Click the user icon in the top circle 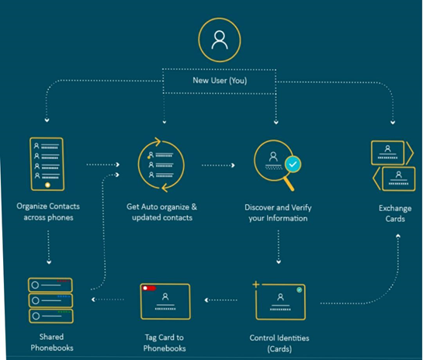220,40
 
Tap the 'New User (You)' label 220,81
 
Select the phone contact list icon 47,164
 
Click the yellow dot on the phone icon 48,185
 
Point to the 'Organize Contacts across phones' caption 48,212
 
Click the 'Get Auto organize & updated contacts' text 162,213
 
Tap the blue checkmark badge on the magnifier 293,164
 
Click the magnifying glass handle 289,184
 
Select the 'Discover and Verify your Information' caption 278,213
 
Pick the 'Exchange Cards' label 395,213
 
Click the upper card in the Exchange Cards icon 387,153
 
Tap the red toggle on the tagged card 149,289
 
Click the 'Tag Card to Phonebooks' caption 165,343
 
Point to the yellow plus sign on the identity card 256,284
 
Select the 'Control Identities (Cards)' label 279,343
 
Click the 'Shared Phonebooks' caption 52,342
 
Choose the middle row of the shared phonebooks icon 50,300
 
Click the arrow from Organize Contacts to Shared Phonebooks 49,247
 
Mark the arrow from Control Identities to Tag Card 220,299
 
